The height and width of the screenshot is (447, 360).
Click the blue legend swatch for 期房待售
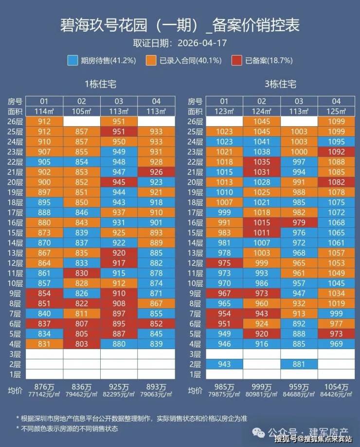point(72,60)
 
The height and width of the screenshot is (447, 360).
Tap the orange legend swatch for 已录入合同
point(151,60)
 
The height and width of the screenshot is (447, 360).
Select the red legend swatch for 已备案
point(237,60)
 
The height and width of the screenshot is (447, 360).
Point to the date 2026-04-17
point(202,43)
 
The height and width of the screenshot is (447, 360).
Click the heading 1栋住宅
point(100,84)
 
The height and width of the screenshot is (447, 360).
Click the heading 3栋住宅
point(281,84)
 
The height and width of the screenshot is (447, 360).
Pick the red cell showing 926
point(156,172)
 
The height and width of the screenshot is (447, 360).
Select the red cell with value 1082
point(336,182)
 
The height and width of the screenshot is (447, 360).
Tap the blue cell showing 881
point(299,364)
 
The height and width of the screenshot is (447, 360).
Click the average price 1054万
point(336,387)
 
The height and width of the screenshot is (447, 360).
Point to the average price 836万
point(81,387)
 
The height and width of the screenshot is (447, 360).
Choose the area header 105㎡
point(81,111)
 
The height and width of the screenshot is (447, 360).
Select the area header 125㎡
point(336,111)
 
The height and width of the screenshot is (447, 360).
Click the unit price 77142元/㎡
point(44,394)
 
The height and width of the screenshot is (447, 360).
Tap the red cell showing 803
point(81,344)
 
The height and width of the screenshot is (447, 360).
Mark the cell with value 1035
point(262,162)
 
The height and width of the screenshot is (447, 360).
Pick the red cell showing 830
point(81,273)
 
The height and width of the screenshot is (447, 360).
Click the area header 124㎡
point(262,111)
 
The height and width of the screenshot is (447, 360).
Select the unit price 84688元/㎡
point(299,394)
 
